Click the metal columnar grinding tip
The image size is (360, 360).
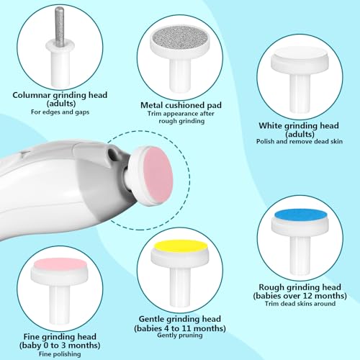pos(60,27)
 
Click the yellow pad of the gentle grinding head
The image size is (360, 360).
pos(181,247)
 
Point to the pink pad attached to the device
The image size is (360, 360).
pos(158,175)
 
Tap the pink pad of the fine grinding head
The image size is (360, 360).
pos(60,265)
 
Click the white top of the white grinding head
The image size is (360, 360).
pos(300,54)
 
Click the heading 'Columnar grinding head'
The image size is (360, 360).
pos(60,95)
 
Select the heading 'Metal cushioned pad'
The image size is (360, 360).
pos(181,105)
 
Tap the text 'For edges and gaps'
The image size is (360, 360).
pos(60,112)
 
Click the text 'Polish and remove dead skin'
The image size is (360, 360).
pos(300,141)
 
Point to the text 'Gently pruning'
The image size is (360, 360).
pos(180,335)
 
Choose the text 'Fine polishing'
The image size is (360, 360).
pos(60,354)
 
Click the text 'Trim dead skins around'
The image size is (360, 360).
pos(300,304)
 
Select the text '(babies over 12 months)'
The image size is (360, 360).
pos(300,296)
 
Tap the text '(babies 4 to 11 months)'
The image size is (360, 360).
pos(180,328)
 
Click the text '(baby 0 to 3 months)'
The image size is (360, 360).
pos(60,346)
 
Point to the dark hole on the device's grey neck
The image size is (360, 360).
pos(112,152)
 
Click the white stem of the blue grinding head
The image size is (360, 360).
pos(300,255)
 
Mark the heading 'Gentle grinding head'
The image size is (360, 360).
pos(180,319)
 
